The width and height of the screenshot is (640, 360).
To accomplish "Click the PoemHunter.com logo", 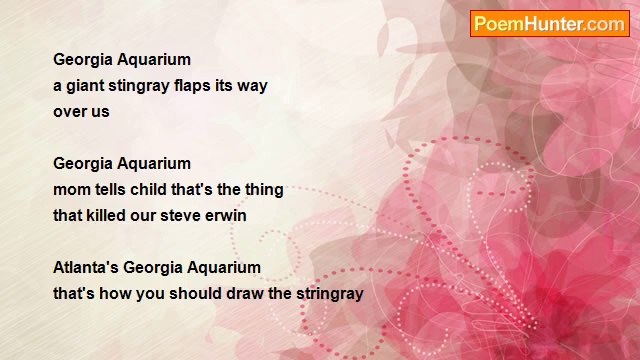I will pyautogui.click(x=550, y=24).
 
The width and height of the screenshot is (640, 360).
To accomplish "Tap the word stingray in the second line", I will pyautogui.click(x=143, y=86).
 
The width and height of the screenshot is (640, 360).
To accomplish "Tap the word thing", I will pyautogui.click(x=263, y=190).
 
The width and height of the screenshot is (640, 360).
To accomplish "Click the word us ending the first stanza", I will pyautogui.click(x=100, y=112).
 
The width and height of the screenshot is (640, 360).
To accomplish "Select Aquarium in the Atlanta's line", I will pyautogui.click(x=225, y=268).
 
